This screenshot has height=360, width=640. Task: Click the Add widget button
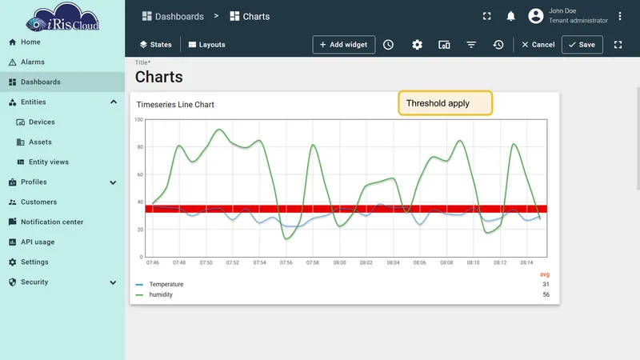pyautogui.click(x=344, y=45)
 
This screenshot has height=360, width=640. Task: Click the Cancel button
pyautogui.click(x=538, y=45)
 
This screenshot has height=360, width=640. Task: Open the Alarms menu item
pyautogui.click(x=32, y=62)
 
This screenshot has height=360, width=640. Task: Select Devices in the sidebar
pyautogui.click(x=42, y=122)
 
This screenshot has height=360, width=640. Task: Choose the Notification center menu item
pyautogui.click(x=52, y=222)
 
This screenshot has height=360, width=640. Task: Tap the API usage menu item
pyautogui.click(x=38, y=242)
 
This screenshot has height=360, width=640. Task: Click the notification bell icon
pyautogui.click(x=510, y=16)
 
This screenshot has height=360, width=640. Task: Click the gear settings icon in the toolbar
pyautogui.click(x=417, y=45)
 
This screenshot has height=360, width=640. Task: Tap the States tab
pyautogui.click(x=155, y=45)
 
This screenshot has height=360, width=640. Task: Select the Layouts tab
pyautogui.click(x=207, y=45)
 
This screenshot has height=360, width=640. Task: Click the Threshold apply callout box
pyautogui.click(x=446, y=103)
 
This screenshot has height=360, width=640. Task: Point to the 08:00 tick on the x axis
pyautogui.click(x=339, y=263)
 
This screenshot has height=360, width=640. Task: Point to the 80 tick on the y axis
pyautogui.click(x=140, y=147)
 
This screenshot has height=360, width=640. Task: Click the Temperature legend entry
pyautogui.click(x=166, y=284)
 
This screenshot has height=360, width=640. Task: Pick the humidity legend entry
pyautogui.click(x=161, y=294)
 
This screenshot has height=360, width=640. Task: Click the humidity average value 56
pyautogui.click(x=546, y=294)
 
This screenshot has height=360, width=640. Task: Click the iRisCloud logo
pyautogui.click(x=62, y=17)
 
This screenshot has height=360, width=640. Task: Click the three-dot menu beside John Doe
pyautogui.click(x=619, y=16)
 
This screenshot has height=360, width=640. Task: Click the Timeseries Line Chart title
pyautogui.click(x=175, y=105)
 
